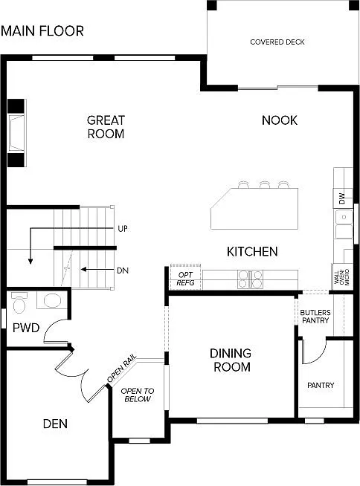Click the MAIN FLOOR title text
[x=42, y=31]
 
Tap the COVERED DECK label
[x=277, y=42]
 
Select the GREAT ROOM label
[x=106, y=127]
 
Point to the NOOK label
[x=280, y=120]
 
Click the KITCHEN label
[x=252, y=252]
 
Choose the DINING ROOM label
[x=230, y=360]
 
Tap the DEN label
[x=55, y=424]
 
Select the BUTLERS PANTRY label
[x=315, y=317]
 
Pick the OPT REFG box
[x=184, y=278]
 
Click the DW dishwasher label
[x=341, y=199]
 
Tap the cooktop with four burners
[x=250, y=279]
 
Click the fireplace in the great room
[x=16, y=133]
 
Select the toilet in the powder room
[x=21, y=302]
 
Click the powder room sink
[x=51, y=301]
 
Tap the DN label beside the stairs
[x=123, y=270]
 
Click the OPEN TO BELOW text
[x=136, y=395]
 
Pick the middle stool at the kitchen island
[x=263, y=184]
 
